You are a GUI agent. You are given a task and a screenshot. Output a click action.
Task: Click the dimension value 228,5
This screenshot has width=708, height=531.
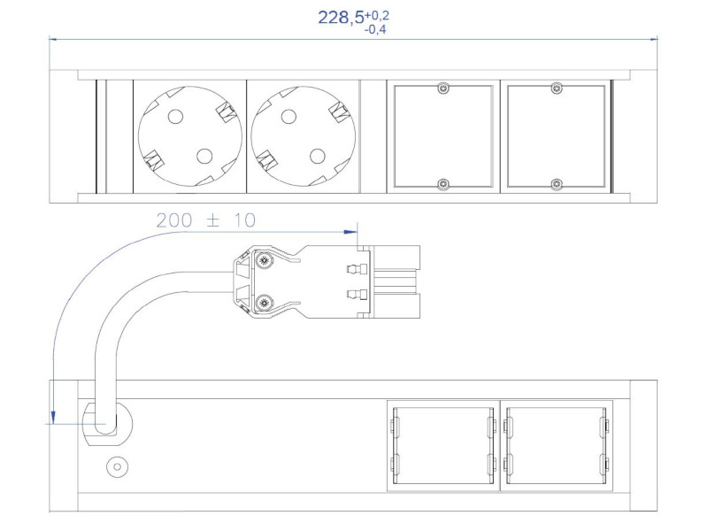click(340, 18)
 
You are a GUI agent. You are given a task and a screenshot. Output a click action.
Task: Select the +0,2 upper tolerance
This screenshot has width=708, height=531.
click(377, 14)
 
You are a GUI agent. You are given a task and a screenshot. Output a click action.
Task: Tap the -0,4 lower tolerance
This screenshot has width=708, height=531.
click(375, 30)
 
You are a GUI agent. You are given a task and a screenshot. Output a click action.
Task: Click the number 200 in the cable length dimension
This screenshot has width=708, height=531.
click(174, 220)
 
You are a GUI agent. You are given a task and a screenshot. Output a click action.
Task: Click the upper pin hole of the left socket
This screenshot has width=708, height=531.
click(174, 115)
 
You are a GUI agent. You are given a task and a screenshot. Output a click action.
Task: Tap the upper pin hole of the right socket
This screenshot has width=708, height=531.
click(288, 115)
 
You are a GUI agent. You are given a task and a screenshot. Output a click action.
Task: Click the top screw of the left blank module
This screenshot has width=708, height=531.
click(443, 88)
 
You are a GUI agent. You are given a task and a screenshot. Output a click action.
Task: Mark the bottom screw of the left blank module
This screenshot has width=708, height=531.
click(443, 184)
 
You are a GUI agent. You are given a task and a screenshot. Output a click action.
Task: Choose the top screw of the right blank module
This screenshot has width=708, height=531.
click(556, 88)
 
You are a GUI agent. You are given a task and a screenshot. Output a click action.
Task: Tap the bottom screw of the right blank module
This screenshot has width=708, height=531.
click(556, 184)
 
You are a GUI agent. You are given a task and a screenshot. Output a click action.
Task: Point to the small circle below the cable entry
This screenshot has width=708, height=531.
click(115, 466)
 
